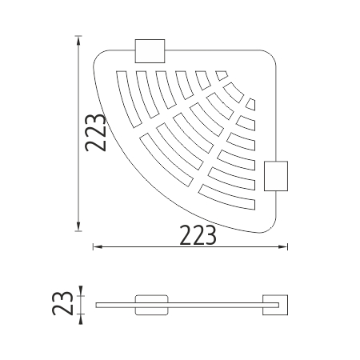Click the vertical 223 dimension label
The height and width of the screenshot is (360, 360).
pos(95,133)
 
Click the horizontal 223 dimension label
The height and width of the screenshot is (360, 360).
pos(198,235)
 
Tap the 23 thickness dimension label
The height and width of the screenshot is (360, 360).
pos(62,303)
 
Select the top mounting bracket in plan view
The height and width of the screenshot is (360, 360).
pos(150,51)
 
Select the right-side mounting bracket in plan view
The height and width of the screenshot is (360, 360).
pos(276,176)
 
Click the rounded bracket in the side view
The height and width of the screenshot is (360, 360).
pos(151,305)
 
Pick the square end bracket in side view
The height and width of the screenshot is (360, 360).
pos(275,305)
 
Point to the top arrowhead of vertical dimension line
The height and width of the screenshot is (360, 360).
pos(78,39)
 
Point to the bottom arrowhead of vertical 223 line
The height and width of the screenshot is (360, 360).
pos(78,226)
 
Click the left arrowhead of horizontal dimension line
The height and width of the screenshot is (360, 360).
pos(97,247)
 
